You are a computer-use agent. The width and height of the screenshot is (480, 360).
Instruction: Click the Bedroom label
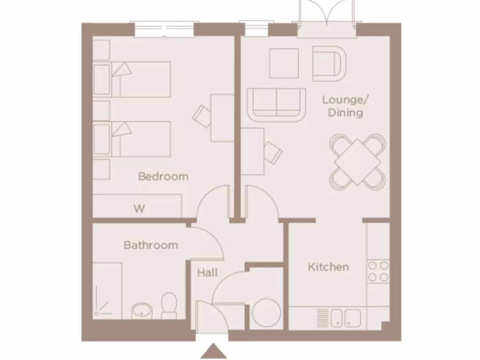[163, 177]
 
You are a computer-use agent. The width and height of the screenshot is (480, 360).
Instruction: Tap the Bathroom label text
[150, 245]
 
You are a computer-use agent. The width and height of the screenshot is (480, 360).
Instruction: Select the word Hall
[207, 272]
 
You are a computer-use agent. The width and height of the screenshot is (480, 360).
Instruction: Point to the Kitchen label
[328, 267]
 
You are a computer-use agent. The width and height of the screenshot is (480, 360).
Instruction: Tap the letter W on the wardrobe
[139, 209]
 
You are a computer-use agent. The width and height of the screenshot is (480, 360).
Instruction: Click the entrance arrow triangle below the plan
[214, 351]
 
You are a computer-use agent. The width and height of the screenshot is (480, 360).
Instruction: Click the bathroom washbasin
[140, 310]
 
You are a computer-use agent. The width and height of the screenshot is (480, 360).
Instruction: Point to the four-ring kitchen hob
[378, 271]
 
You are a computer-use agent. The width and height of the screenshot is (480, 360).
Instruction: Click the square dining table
[357, 162]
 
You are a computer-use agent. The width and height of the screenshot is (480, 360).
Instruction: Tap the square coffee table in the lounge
[284, 63]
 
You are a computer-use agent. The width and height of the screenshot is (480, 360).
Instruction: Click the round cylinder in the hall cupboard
[266, 313]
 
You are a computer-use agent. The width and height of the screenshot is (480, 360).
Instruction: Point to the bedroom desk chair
[203, 115]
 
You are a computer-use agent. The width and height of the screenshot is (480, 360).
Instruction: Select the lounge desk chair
[273, 152]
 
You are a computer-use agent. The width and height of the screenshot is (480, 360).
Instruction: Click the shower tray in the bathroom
[107, 291]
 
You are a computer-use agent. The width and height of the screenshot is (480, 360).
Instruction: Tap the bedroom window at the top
[164, 30]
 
